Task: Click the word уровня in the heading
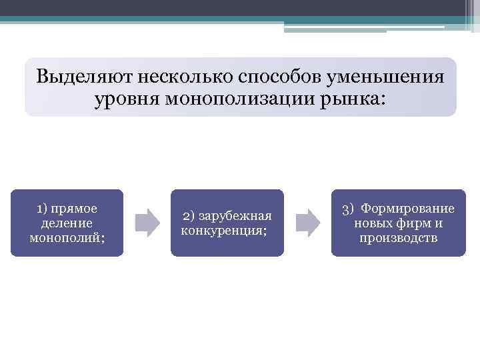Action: [x=127, y=99]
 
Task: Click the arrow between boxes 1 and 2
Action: [x=147, y=222]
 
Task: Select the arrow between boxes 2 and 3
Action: [x=307, y=222]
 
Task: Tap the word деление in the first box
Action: [x=67, y=223]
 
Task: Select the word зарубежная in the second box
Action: [x=235, y=216]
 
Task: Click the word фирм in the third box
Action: [x=411, y=223]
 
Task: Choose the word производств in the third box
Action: [x=399, y=238]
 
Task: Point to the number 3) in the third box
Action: [x=349, y=209]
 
